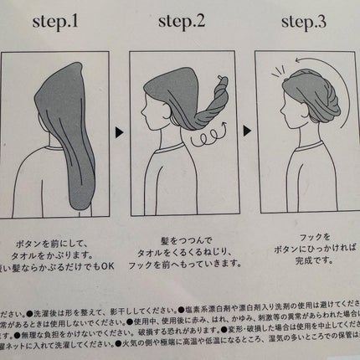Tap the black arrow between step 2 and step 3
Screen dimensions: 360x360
(244, 131)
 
